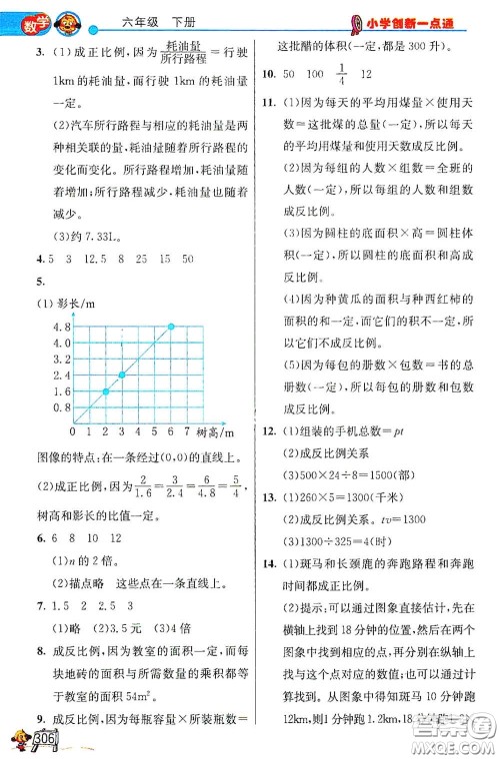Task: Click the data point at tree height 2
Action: coord(104,392)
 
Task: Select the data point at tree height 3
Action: coord(121,375)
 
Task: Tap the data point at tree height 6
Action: coord(171,326)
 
